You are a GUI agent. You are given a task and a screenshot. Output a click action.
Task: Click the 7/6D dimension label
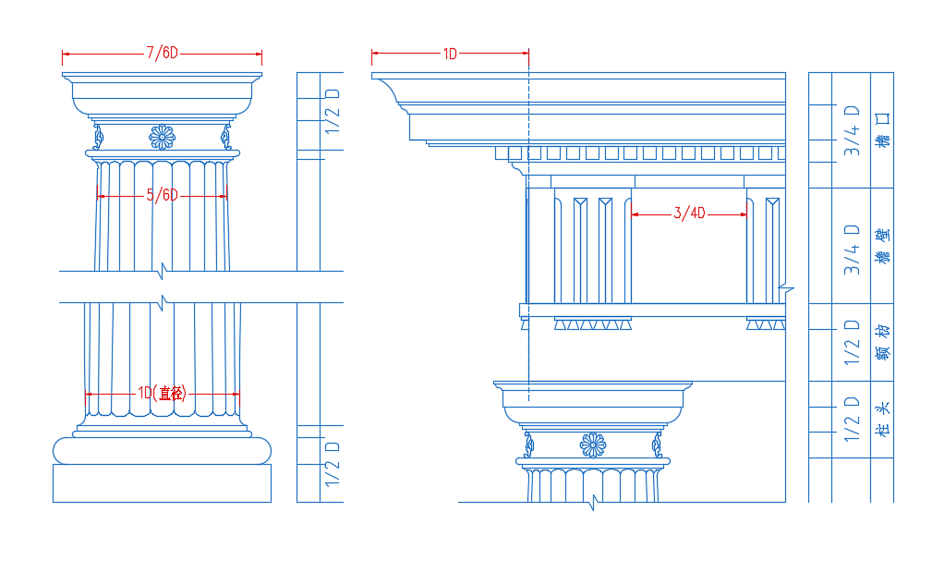[163, 53]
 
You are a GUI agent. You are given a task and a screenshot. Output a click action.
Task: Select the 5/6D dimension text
[163, 195]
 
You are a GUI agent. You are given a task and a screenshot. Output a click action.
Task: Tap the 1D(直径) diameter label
[163, 393]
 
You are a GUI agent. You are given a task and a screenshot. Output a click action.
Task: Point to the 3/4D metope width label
[689, 213]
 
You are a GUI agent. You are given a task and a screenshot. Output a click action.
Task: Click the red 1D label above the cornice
[450, 55]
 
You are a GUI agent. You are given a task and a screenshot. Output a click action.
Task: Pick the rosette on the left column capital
[163, 138]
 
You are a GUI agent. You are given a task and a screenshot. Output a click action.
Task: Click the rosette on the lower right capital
[593, 445]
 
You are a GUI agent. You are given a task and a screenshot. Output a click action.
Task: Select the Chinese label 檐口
[883, 129]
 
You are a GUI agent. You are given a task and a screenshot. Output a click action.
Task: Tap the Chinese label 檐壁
[883, 245]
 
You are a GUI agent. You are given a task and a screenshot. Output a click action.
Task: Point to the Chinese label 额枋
[883, 343]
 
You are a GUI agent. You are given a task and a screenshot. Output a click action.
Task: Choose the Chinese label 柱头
[883, 420]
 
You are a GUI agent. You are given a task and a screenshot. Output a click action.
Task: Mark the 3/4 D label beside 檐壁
[852, 250]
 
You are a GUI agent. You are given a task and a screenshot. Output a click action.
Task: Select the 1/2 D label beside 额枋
[852, 343]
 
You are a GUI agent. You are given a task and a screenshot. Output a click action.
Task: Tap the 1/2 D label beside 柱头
[852, 420]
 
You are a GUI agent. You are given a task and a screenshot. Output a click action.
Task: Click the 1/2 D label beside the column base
[333, 464]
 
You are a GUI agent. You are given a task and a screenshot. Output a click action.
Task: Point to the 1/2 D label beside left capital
[333, 111]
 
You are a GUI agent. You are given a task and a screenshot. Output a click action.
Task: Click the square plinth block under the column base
[163, 483]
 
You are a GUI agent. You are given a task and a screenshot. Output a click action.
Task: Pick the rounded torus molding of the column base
[163, 451]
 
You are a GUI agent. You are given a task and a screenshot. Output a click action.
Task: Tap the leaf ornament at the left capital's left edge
[98, 137]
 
